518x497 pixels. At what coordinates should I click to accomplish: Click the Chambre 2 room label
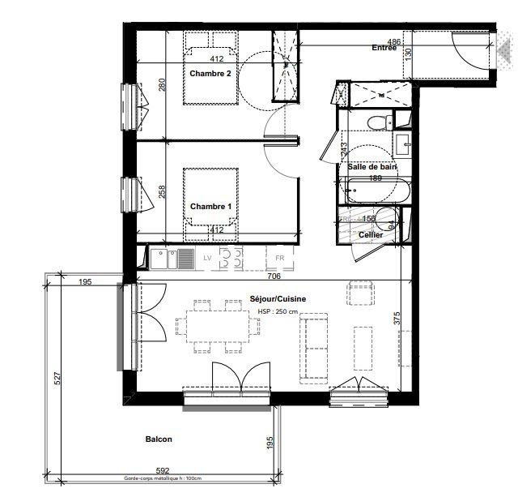[210, 74]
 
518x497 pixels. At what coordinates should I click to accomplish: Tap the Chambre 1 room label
[210, 207]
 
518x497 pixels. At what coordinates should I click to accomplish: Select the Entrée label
[384, 49]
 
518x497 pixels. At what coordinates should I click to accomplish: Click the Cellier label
[371, 234]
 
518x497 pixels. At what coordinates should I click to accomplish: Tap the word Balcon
[159, 439]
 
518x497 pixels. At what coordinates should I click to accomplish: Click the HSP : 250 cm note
[278, 312]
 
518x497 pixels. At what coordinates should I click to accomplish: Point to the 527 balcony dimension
[57, 380]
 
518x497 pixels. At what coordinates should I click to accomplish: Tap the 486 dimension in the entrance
[394, 41]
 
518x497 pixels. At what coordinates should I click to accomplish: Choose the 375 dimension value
[397, 319]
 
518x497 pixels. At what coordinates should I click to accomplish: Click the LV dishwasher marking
[207, 259]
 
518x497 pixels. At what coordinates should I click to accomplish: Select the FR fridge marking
[280, 259]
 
